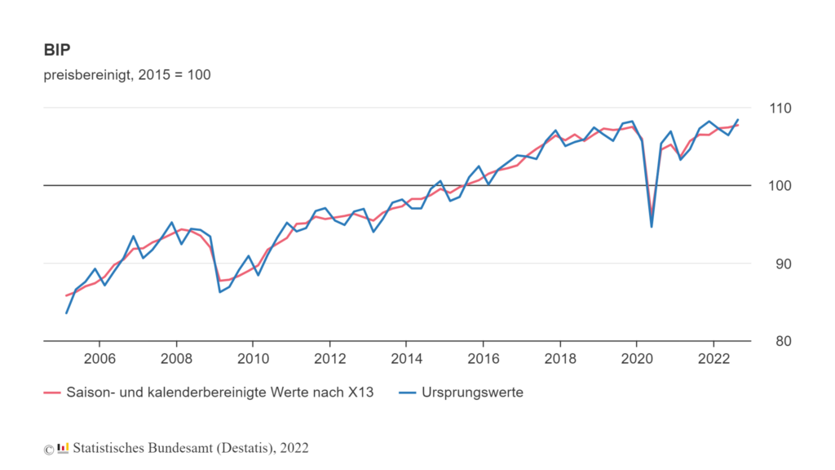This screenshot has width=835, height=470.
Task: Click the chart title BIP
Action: (x=56, y=50)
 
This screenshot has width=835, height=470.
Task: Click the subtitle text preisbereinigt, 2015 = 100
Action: (x=127, y=75)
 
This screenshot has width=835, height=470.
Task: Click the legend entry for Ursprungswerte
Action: (x=472, y=392)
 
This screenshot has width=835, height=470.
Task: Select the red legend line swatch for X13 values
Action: (x=54, y=392)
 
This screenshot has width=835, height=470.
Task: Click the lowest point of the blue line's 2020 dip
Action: (x=652, y=226)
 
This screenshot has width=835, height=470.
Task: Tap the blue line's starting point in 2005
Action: (x=66, y=313)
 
